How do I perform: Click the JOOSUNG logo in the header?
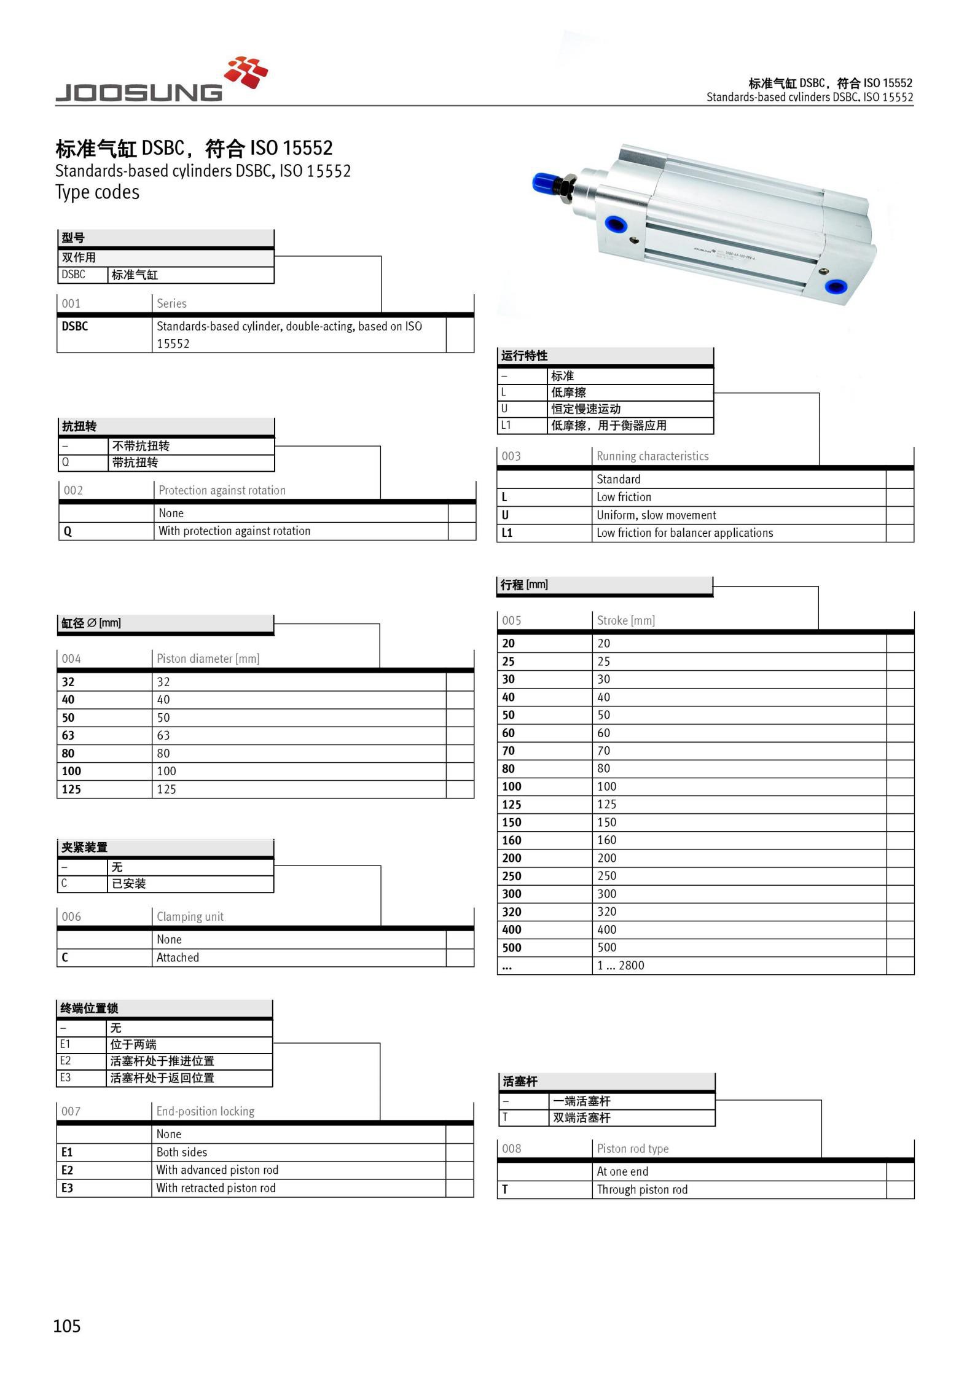[x=161, y=80]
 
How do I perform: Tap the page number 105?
[x=67, y=1326]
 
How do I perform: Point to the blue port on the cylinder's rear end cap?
[x=834, y=286]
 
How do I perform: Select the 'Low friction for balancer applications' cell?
[x=684, y=533]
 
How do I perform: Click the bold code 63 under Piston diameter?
[x=68, y=735]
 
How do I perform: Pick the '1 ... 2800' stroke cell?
[x=621, y=966]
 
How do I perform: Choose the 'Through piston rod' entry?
[x=642, y=1190]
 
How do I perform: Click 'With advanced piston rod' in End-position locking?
[x=217, y=1170]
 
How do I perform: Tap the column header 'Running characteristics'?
[x=652, y=456]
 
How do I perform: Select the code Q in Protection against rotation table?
[x=68, y=531]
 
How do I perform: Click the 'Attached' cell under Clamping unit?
[x=178, y=958]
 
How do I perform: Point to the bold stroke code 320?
[x=512, y=912]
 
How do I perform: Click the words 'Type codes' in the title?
[x=97, y=192]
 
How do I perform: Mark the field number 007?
[x=71, y=1111]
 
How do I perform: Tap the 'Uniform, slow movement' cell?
[x=656, y=515]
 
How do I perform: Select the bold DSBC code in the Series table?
[x=74, y=327]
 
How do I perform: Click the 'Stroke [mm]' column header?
[x=625, y=621]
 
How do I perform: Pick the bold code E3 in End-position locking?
[x=67, y=1188]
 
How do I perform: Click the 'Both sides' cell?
[x=181, y=1152]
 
